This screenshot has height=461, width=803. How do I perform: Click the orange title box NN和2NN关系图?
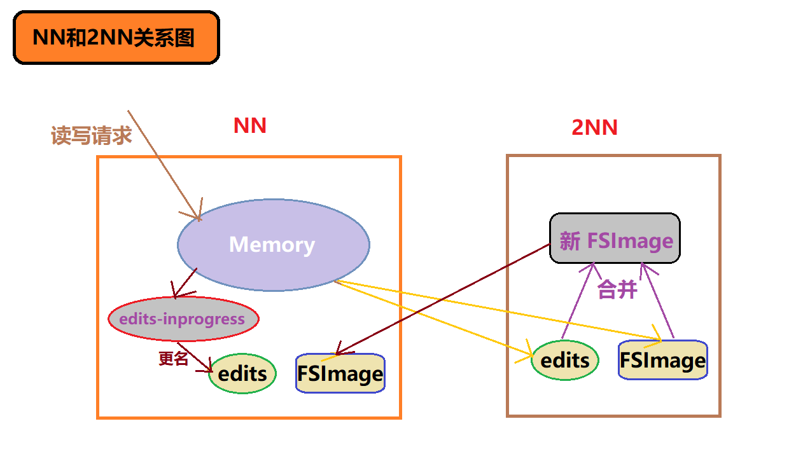pos(116,38)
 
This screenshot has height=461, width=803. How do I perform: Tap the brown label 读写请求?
pos(91,135)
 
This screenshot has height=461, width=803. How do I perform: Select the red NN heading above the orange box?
pos(249,125)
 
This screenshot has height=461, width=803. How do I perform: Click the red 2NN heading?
pos(594,127)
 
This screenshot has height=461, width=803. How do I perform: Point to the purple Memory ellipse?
pos(273,245)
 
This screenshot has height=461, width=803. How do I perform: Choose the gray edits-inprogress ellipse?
pos(183,319)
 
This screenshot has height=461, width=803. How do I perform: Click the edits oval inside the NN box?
pos(242,374)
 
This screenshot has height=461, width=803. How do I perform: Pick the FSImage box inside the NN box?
pos(340,373)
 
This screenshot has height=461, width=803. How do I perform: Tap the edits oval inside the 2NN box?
pos(565,361)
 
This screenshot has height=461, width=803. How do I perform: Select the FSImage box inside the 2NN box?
pos(662,361)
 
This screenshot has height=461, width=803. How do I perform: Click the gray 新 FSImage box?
pos(615,238)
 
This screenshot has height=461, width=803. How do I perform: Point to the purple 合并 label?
pos(617,290)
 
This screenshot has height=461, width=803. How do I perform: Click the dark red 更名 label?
pos(173,359)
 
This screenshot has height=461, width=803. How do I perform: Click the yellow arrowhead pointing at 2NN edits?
pos(527,354)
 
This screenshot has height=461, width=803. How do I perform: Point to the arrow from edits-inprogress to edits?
pos(195,357)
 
